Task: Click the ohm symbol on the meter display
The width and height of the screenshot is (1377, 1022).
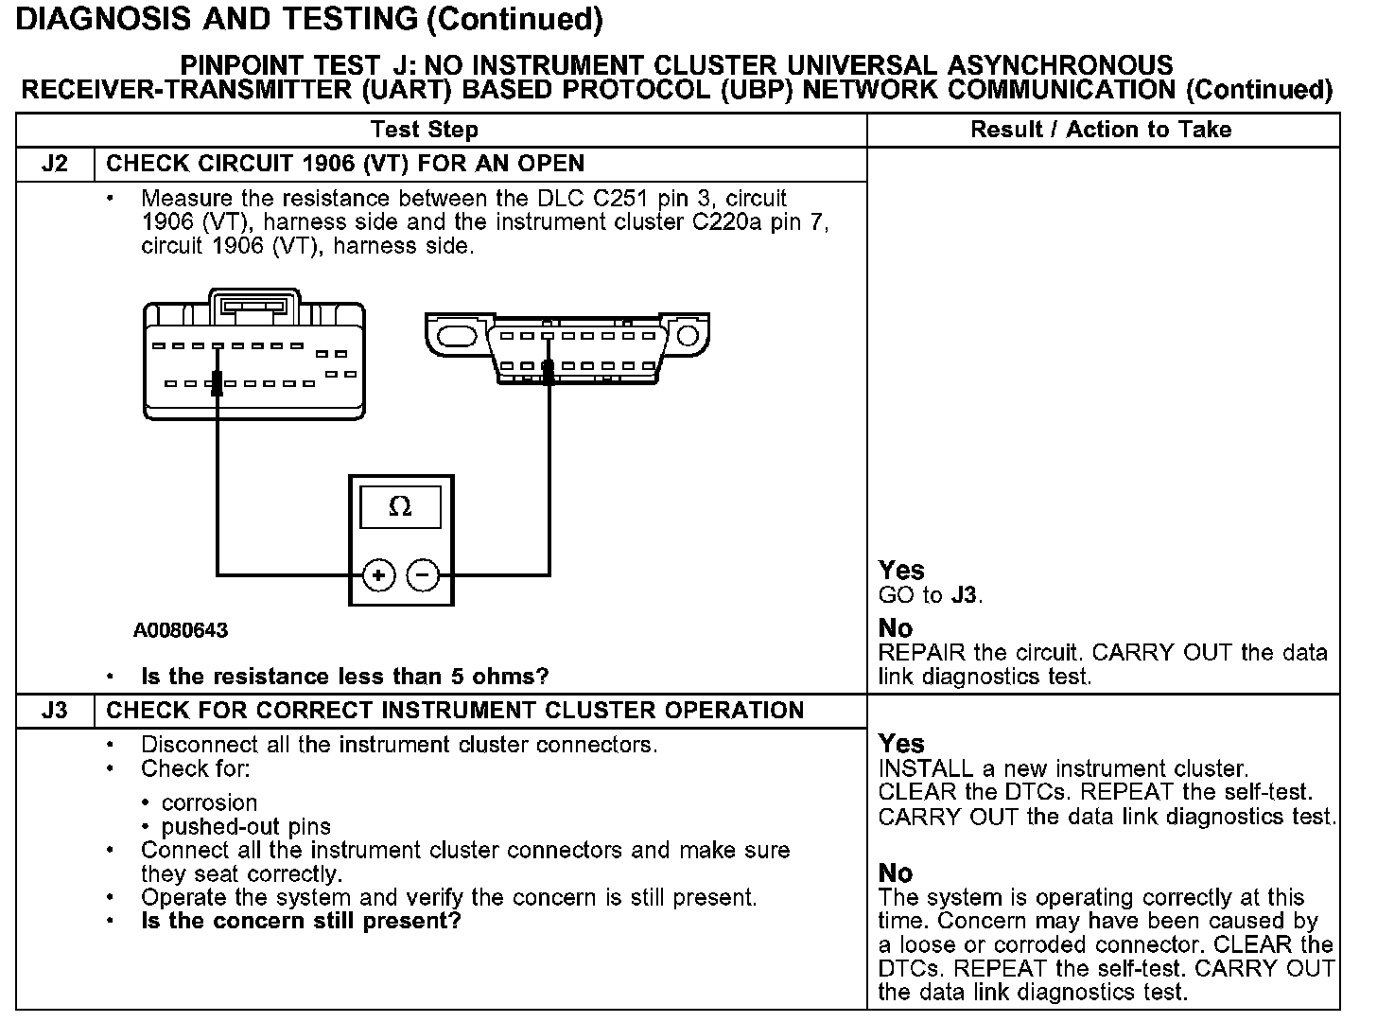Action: tap(400, 507)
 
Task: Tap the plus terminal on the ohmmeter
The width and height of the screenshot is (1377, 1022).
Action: tap(378, 574)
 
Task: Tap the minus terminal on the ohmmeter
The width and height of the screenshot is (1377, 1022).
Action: tap(423, 574)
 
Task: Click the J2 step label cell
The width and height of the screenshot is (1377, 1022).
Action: tap(55, 164)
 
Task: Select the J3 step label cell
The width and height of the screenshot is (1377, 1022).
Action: tap(55, 711)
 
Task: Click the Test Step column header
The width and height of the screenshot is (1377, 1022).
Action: tap(425, 130)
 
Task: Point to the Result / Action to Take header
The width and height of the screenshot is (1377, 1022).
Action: tap(1101, 130)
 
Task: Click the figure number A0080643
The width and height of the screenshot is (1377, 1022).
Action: tap(181, 630)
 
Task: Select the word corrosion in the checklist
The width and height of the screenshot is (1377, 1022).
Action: tap(209, 802)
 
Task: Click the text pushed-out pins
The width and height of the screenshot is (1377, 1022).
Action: tap(246, 826)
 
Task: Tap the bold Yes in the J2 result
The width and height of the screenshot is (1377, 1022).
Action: tap(900, 570)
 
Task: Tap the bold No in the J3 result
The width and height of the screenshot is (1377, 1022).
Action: tap(895, 872)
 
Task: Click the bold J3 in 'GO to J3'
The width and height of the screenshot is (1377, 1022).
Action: tap(965, 595)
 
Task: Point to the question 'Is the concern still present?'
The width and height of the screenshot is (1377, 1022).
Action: tap(301, 921)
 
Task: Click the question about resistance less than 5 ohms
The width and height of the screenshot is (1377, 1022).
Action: tap(344, 677)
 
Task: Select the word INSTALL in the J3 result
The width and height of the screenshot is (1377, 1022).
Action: tap(917, 768)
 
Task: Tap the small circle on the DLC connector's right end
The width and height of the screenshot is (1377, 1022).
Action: tap(688, 336)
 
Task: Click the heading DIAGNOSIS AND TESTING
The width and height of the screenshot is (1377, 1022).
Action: tap(218, 19)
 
